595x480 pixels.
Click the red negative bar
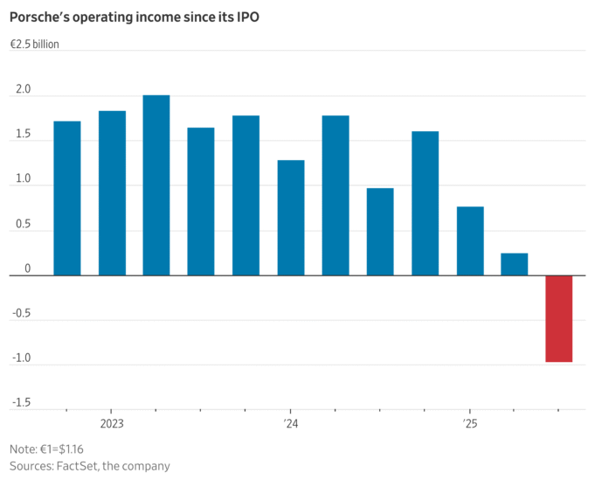(558, 318)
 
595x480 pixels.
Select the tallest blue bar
(156, 185)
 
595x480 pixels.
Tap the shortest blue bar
(514, 264)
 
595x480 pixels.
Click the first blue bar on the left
(67, 198)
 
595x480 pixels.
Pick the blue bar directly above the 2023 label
(112, 193)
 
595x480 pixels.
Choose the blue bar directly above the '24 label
(291, 218)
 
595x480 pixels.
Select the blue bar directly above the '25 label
(469, 240)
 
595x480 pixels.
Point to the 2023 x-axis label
(112, 424)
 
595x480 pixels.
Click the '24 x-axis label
(291, 424)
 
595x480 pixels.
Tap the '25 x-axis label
(470, 424)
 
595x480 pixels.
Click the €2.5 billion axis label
(36, 45)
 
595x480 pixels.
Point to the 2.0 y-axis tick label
(22, 90)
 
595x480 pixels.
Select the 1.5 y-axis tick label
(22, 135)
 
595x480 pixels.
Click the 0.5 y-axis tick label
(22, 225)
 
